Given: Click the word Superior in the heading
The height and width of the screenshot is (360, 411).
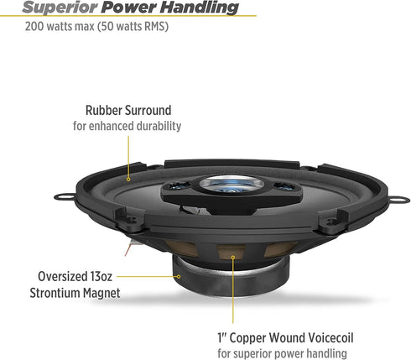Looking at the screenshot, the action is (x=60, y=8).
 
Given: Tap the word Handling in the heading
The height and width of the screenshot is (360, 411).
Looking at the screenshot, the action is (x=200, y=8).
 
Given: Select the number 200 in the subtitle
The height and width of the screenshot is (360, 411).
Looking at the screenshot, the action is (x=34, y=26).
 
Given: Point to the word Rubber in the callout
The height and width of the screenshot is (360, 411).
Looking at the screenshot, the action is (x=103, y=110).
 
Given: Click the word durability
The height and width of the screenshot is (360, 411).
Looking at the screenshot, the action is (x=159, y=126).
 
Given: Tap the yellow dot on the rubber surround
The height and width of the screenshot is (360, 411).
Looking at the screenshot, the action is (x=128, y=180).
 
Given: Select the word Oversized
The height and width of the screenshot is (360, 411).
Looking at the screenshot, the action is (x=62, y=277).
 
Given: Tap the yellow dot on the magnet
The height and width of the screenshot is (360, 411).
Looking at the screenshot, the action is (x=179, y=277).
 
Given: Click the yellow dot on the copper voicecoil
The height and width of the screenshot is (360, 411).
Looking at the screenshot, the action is (x=233, y=258).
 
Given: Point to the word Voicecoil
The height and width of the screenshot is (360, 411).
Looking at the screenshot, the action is (x=330, y=337).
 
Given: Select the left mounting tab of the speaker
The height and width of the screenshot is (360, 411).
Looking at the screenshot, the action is (x=65, y=196).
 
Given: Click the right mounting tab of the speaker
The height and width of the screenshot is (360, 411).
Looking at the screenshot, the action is (x=399, y=200).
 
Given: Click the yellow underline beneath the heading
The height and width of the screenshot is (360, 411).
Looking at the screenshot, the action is (x=128, y=16).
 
